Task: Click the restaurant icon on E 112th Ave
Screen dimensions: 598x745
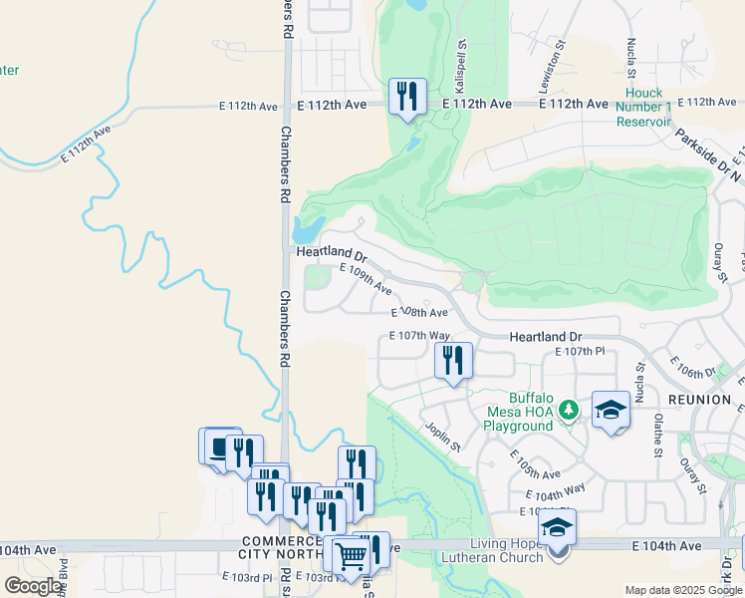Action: (407, 97)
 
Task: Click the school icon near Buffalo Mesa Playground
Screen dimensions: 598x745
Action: (611, 410)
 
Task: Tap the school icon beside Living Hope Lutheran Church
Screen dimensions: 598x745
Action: (558, 528)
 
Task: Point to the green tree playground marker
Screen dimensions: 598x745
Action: (568, 410)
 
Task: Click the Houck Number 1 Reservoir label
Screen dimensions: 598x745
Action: (642, 107)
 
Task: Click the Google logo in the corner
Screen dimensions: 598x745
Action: (33, 586)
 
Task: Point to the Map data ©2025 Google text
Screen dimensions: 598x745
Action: (682, 590)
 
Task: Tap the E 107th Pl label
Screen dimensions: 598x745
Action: (580, 353)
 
